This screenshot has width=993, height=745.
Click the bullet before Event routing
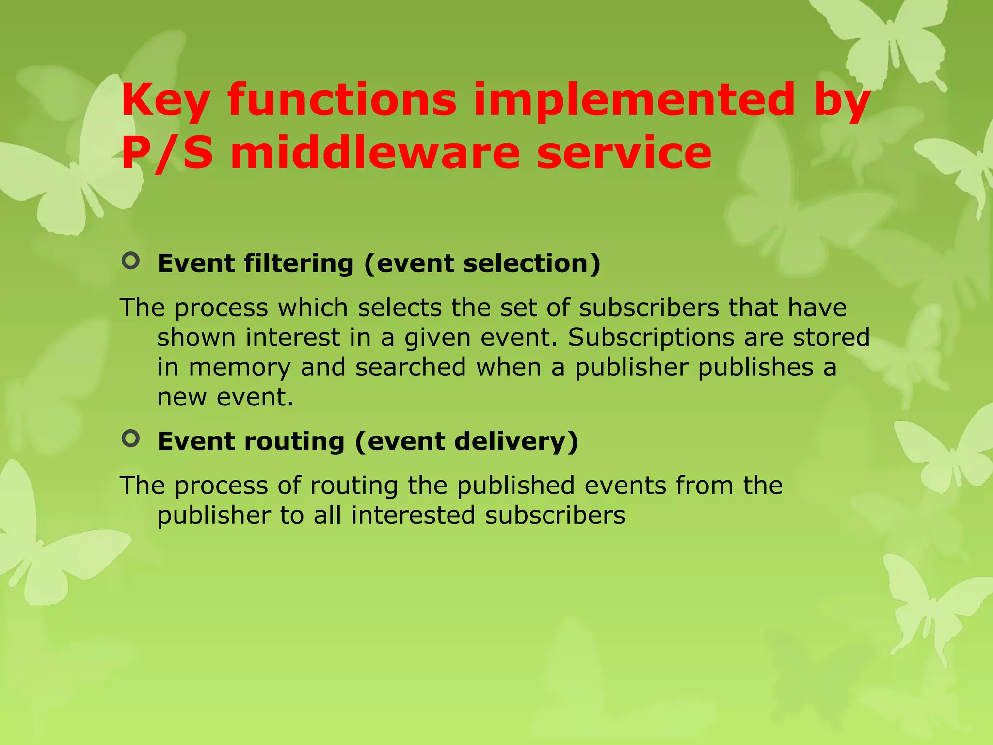click(131, 438)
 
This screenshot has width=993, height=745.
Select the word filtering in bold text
click(299, 264)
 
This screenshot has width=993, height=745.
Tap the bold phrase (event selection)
click(482, 264)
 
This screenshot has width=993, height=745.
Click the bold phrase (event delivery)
click(466, 441)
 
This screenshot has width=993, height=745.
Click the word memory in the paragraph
click(239, 368)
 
